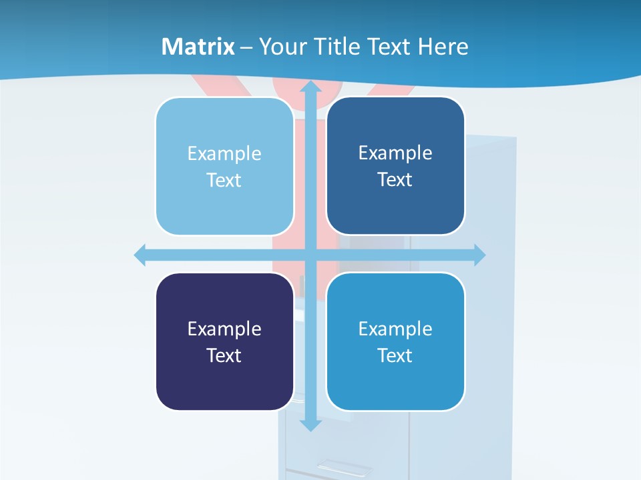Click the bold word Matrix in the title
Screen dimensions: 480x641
pyautogui.click(x=198, y=47)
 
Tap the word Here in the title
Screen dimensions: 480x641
pyautogui.click(x=443, y=47)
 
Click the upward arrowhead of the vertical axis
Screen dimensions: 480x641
pyautogui.click(x=310, y=88)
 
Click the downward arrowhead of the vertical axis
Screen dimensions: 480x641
pyautogui.click(x=310, y=424)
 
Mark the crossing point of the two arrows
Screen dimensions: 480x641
pyautogui.click(x=310, y=255)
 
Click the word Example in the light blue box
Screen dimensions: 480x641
pyautogui.click(x=224, y=154)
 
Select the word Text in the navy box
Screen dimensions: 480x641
pyautogui.click(x=224, y=355)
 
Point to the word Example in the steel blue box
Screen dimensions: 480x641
pyautogui.click(x=395, y=153)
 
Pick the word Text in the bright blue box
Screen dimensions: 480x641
pyautogui.click(x=395, y=355)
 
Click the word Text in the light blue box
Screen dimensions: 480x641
pyautogui.click(x=224, y=181)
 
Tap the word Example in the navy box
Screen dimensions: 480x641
pyautogui.click(x=224, y=329)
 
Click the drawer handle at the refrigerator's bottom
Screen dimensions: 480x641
pyautogui.click(x=345, y=467)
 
